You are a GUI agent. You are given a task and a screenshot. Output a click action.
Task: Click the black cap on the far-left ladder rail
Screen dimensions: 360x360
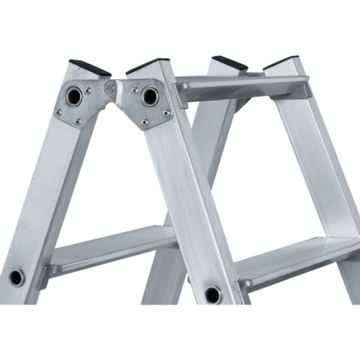click(91, 68)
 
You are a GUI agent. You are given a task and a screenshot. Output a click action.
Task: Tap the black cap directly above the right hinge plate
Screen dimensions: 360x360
click(147, 66)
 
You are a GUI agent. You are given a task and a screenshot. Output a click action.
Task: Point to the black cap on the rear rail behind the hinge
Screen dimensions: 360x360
click(230, 63)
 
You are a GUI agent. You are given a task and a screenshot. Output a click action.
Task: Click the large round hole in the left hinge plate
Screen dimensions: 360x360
click(75, 96)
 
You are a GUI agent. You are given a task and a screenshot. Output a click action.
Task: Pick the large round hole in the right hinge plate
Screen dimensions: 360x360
click(150, 96)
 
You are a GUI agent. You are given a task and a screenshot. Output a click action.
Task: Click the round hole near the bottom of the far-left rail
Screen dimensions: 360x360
click(17, 277)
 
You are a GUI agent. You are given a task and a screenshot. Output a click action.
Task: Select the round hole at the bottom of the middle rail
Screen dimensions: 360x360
click(212, 294)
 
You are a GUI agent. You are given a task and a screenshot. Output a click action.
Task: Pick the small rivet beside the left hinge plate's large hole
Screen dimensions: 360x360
click(88, 90)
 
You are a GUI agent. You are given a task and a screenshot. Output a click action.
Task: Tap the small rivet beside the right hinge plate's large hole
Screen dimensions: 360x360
click(135, 90)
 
